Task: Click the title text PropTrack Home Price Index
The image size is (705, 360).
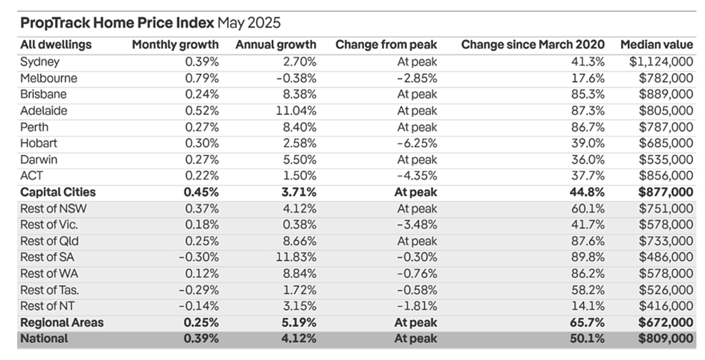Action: [117, 23]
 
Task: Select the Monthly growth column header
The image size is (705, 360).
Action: [176, 45]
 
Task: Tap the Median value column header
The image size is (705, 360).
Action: [657, 45]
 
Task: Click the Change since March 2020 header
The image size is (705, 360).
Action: [533, 45]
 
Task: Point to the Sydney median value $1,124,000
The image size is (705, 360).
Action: [661, 61]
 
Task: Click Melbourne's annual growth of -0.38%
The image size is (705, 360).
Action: [296, 78]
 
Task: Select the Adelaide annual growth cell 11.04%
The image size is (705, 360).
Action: [296, 111]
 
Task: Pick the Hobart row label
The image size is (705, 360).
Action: [39, 143]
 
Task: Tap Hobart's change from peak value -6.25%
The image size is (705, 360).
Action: [417, 143]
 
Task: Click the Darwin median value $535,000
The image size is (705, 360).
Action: [666, 160]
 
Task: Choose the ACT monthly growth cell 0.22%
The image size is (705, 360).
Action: [202, 176]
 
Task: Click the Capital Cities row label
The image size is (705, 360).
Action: [58, 192]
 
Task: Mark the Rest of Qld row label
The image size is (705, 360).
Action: [50, 241]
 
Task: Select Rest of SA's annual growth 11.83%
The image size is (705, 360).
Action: [296, 257]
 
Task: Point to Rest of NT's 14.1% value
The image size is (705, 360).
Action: [588, 306]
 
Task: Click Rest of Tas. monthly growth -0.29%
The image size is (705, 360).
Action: [199, 290]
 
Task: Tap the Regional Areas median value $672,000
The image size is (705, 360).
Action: [666, 323]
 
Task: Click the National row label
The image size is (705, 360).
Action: [44, 339]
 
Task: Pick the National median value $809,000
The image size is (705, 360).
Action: [666, 339]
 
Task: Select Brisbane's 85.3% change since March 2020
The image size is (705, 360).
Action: [588, 94]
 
